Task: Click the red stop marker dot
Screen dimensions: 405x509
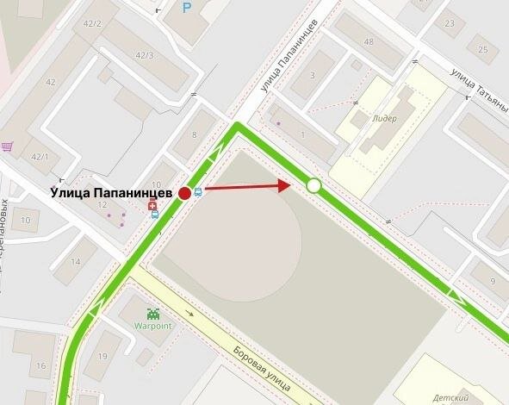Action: [184, 193]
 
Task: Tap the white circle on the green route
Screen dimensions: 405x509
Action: [313, 185]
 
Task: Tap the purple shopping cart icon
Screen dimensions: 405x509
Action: [7, 146]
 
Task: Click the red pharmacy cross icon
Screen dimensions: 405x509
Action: [152, 206]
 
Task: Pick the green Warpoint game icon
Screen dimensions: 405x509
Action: [153, 314]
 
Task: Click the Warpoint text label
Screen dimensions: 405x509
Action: [153, 327]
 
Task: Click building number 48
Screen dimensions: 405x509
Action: [369, 42]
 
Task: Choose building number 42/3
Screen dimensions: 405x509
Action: [145, 56]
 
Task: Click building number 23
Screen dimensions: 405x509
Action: [450, 23]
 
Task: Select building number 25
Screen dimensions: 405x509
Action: [482, 49]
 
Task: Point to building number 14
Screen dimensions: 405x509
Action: [77, 262]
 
